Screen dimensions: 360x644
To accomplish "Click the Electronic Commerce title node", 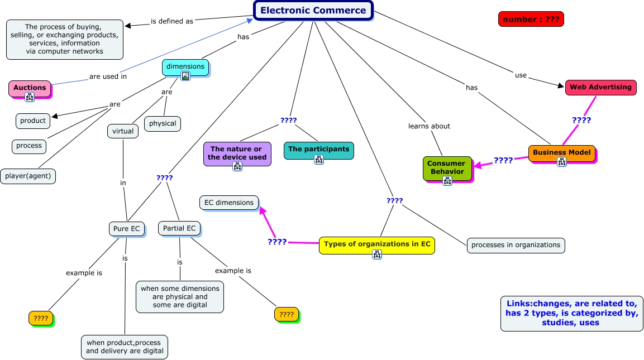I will click(313, 10).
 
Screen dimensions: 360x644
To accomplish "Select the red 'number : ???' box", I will click(531, 20).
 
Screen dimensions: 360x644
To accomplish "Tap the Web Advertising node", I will click(600, 87).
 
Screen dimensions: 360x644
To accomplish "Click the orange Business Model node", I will click(561, 152).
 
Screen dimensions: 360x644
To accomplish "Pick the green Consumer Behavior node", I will click(447, 167).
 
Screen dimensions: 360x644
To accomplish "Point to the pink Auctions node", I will click(30, 88).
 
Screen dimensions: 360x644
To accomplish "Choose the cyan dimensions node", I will click(185, 66).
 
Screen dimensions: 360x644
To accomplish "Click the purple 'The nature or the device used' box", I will click(237, 153).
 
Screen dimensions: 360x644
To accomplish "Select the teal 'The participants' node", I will click(318, 149).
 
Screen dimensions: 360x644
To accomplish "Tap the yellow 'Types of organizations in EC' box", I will click(376, 244).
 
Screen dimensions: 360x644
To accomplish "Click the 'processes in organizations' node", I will click(516, 245).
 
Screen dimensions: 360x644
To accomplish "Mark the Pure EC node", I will click(127, 228).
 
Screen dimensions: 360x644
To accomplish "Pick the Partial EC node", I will click(179, 228).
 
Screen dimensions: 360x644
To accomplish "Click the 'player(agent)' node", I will click(28, 176).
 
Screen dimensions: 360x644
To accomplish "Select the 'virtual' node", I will click(123, 131).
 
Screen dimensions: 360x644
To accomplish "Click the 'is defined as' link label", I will click(172, 21).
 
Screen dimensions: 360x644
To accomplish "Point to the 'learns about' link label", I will click(429, 126).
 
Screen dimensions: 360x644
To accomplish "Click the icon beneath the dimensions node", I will click(185, 76).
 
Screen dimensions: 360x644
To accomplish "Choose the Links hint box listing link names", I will click(571, 313).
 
